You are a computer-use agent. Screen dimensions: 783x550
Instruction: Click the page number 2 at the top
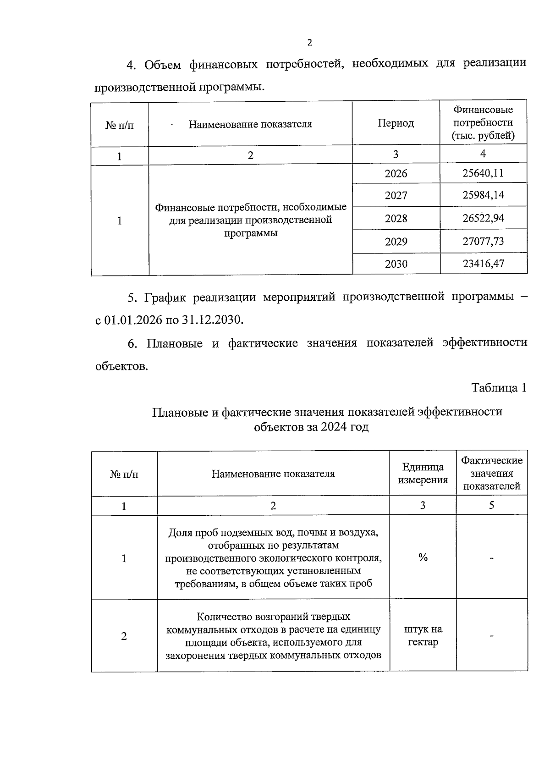tap(309, 43)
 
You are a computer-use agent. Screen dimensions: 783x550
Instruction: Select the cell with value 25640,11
tap(483, 173)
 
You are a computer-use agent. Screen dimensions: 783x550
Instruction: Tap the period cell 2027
tap(396, 196)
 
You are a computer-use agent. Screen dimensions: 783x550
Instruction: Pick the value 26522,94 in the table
tap(483, 218)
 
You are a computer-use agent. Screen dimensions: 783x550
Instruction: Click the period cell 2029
tap(396, 242)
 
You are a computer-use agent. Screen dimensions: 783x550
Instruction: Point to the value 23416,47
tap(483, 264)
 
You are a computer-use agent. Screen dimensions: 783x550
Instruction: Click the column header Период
tap(396, 123)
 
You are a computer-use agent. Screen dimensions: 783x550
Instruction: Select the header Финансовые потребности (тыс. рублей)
tap(483, 123)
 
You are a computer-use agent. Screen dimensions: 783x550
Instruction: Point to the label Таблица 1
tap(499, 388)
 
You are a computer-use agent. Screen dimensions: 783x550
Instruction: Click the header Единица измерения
tap(423, 474)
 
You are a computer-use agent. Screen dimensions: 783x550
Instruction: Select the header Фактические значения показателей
tap(491, 473)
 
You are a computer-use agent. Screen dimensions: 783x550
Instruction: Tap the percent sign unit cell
tap(423, 557)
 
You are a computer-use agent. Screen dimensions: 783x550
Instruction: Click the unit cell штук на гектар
tap(423, 636)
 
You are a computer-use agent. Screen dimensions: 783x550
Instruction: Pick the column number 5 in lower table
tap(491, 506)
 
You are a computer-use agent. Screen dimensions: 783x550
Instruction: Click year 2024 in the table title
tap(334, 427)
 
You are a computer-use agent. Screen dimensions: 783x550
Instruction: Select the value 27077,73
tap(483, 241)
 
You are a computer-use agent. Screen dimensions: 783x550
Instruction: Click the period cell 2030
tap(396, 264)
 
